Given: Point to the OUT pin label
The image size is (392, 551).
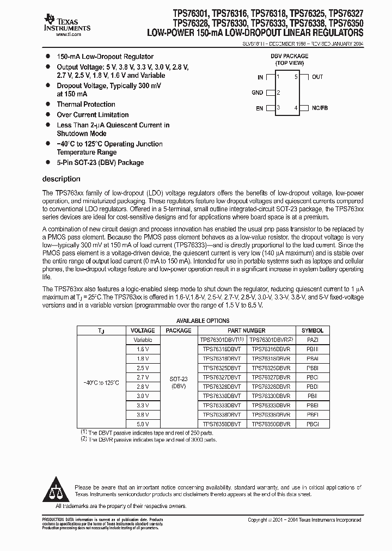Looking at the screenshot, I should (317, 77).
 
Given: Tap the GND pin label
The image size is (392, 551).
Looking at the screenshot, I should (257, 93).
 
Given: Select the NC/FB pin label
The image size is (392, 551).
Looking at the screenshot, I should (320, 108).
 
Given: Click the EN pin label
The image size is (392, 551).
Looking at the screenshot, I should (260, 108).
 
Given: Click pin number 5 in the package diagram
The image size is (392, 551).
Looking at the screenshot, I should (296, 77).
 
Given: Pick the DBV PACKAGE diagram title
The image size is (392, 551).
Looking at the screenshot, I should (289, 56).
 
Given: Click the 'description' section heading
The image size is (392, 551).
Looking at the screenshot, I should (61, 179).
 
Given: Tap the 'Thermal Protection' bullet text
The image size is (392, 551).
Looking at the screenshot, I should (86, 104).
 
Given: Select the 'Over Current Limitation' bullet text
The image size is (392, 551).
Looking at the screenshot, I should (93, 115).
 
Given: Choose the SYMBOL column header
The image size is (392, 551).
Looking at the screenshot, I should (313, 330).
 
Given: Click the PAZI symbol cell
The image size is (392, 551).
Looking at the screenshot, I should (313, 339).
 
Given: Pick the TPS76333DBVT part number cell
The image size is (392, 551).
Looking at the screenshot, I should (222, 405).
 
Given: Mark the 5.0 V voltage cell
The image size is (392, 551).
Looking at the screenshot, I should (143, 424).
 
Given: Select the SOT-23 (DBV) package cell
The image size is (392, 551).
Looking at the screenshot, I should (179, 382).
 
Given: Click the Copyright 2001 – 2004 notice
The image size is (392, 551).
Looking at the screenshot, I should (304, 520).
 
